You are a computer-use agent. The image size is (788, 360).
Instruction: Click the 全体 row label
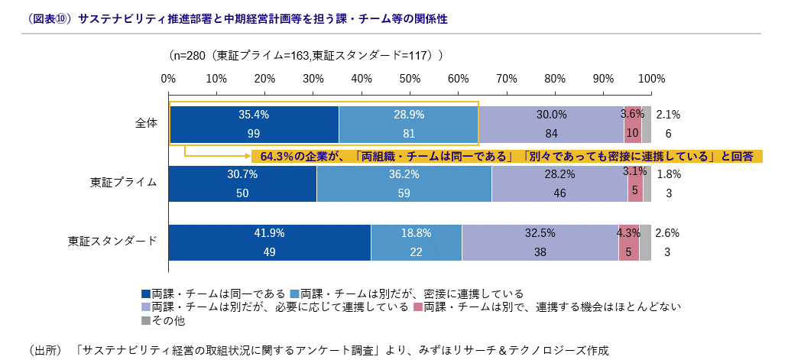tap(144, 123)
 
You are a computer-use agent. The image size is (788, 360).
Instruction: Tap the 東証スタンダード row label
tap(113, 242)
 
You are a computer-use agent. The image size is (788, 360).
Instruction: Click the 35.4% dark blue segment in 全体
tap(254, 124)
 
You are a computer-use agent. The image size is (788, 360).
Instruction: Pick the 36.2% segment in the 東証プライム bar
tap(404, 183)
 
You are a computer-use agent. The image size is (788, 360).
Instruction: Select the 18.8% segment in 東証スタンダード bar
tap(417, 242)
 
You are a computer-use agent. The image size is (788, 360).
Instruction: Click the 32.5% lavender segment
tap(540, 242)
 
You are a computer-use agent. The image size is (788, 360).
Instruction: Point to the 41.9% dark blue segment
tap(270, 242)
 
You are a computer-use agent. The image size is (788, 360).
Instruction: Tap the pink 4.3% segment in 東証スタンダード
tap(629, 242)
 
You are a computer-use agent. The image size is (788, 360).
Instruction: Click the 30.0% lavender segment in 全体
tap(551, 124)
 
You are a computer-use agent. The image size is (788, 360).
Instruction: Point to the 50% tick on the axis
tap(410, 79)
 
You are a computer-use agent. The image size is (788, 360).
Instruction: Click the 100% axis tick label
tap(651, 79)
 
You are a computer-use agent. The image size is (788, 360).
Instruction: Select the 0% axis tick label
tap(169, 79)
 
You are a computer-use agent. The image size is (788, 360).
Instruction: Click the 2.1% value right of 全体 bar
tap(668, 115)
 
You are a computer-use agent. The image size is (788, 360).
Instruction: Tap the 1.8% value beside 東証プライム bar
tap(668, 174)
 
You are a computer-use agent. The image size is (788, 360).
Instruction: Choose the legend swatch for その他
tap(146, 322)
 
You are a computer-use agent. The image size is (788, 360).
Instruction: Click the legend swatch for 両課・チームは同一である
tap(146, 294)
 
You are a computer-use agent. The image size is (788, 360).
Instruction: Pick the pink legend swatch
tap(418, 308)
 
